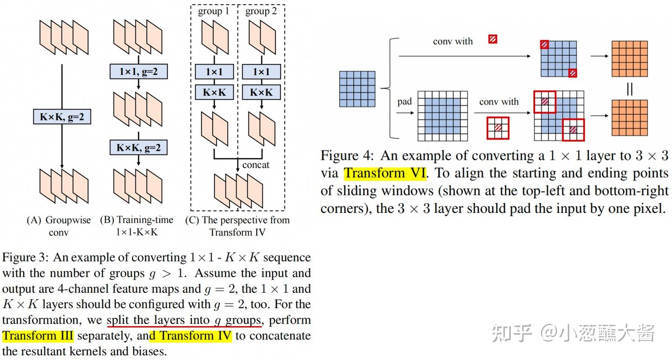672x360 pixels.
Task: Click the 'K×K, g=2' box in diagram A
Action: point(62,116)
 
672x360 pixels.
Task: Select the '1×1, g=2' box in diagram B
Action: point(139,71)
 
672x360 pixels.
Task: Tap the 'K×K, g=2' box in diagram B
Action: point(139,148)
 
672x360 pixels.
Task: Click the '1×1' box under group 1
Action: point(214,71)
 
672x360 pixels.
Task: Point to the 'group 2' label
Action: point(261,11)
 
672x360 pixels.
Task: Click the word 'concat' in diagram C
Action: point(256,165)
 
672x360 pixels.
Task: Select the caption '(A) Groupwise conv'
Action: point(59,226)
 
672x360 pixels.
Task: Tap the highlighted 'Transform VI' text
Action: point(385,173)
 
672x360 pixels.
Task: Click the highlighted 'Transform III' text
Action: point(38,336)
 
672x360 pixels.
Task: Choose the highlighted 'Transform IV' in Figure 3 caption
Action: point(196,336)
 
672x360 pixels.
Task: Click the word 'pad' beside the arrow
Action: point(405,101)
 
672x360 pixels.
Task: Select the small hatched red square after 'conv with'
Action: point(492,39)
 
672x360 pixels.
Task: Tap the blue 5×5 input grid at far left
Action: point(357,89)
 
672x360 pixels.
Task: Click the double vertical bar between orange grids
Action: point(630,88)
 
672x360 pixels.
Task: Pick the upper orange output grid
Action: point(630,59)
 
